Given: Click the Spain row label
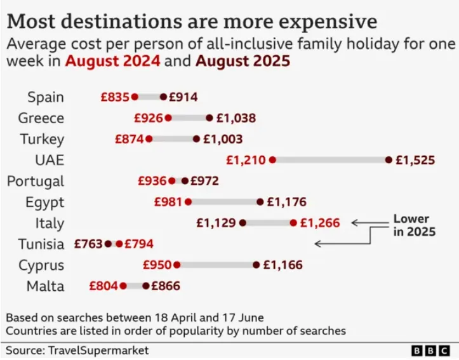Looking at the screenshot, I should point(46,97).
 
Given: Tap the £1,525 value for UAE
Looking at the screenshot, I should point(415,160).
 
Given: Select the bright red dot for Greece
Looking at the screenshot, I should point(168,118).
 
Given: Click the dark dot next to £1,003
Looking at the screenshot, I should point(196,139).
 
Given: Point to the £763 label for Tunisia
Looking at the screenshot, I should point(88,244).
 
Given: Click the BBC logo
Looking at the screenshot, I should point(432,350).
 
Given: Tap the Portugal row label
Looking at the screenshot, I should point(36,181).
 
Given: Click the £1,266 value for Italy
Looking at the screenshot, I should point(320,223).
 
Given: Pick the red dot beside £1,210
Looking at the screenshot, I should point(272,160).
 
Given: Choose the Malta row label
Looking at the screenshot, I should point(46,286).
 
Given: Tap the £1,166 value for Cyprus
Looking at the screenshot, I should point(283,265).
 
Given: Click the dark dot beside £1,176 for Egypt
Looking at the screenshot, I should point(260,202).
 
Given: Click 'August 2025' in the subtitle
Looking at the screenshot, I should point(243,62).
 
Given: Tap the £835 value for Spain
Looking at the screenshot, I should point(114,97).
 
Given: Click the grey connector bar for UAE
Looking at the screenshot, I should point(330,160).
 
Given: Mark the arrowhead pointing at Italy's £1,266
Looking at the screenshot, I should point(354,223).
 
